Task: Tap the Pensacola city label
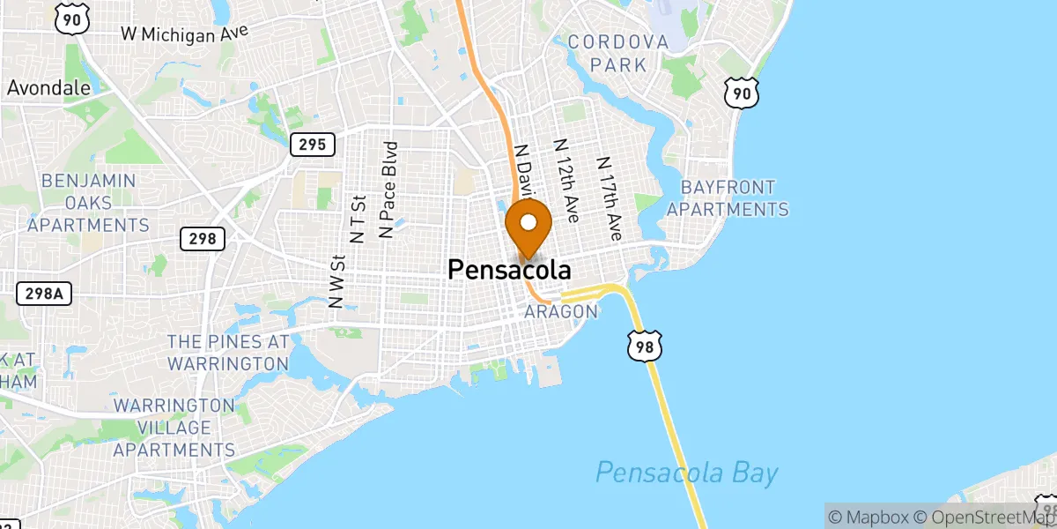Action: pos(509,270)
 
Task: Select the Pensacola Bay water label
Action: pos(686,473)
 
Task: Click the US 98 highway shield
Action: pos(644,346)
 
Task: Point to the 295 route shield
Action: pos(313,144)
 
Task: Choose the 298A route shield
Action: pos(43,294)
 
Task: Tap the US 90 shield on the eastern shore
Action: pos(743,93)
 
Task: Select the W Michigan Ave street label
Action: pos(184,34)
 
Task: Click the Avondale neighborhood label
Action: pos(49,88)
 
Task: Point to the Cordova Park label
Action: pos(618,53)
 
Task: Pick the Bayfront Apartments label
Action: pos(728,198)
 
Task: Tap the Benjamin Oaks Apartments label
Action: pos(88,203)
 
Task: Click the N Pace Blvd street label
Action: pos(387,190)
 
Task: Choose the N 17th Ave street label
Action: pos(609,199)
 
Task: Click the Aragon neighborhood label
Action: pos(561,312)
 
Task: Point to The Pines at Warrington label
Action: pos(228,353)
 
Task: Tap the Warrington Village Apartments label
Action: pos(174,428)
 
